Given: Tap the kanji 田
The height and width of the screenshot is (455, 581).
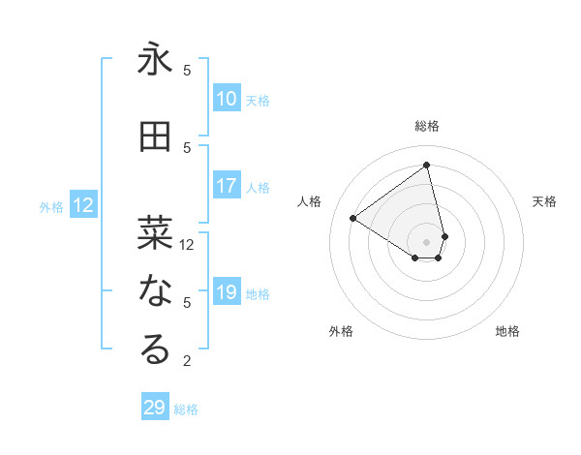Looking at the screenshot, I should (155, 136).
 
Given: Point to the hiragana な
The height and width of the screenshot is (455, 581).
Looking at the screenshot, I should (155, 290).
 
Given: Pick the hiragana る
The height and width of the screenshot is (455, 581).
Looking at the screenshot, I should (155, 349).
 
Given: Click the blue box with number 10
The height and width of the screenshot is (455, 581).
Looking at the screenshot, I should (227, 99).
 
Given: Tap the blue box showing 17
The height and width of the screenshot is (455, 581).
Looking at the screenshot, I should (227, 186).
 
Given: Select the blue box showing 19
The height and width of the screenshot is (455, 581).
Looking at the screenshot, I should (227, 292).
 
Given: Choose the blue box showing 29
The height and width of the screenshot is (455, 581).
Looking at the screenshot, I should (155, 408).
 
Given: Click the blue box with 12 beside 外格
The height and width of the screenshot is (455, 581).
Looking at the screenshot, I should (83, 205).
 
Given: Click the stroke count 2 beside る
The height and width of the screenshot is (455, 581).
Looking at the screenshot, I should (187, 361).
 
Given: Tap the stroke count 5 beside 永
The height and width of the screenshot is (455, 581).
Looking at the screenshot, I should (187, 71).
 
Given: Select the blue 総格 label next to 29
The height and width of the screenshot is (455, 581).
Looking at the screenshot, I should (186, 409).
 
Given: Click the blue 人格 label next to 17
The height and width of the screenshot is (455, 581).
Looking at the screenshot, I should (258, 188).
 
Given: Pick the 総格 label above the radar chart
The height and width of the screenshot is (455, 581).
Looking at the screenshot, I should (426, 126).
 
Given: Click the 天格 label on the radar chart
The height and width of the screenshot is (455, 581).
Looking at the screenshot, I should (544, 201).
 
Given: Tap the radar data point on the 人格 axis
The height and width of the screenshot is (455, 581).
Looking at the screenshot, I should (353, 219).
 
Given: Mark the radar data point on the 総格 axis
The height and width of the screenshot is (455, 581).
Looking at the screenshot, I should (426, 165).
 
